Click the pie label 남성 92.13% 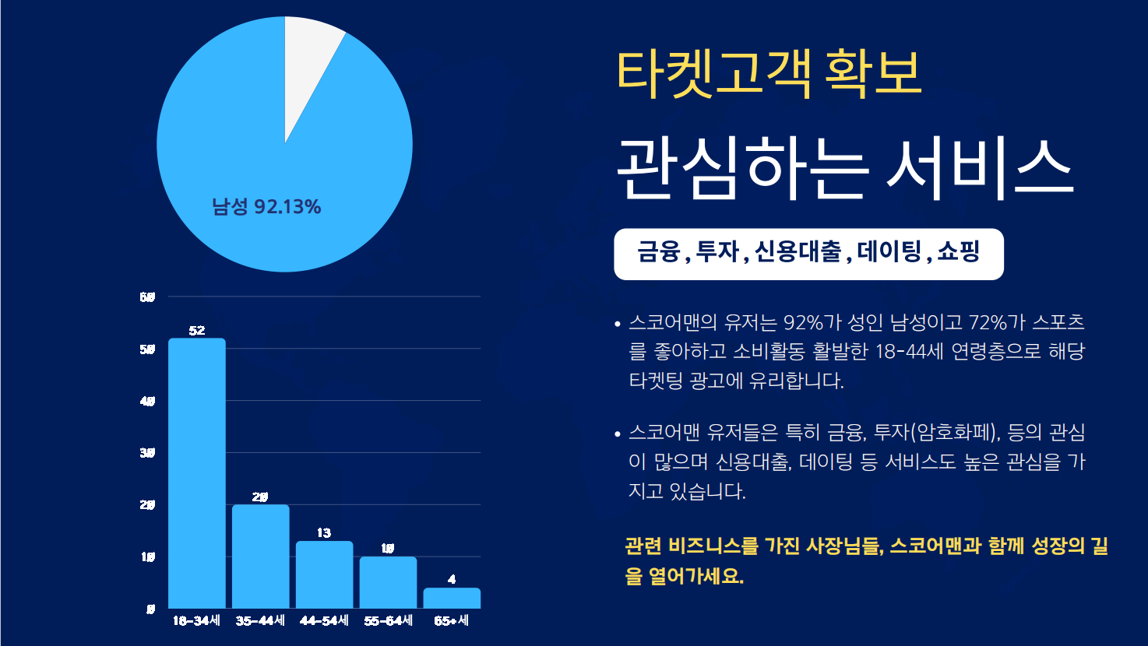pos(266,207)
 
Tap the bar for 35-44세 pos(261,556)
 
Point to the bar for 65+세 pos(452,598)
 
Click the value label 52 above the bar pos(197,331)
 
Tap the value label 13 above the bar pos(324,533)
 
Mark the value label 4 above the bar pos(452,579)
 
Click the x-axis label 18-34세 pos(196,620)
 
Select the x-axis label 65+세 pos(452,620)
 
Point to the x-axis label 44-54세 pos(324,620)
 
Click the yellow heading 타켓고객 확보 pos(769,74)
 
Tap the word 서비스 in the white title pos(980,169)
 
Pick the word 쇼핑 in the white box pos(959,252)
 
